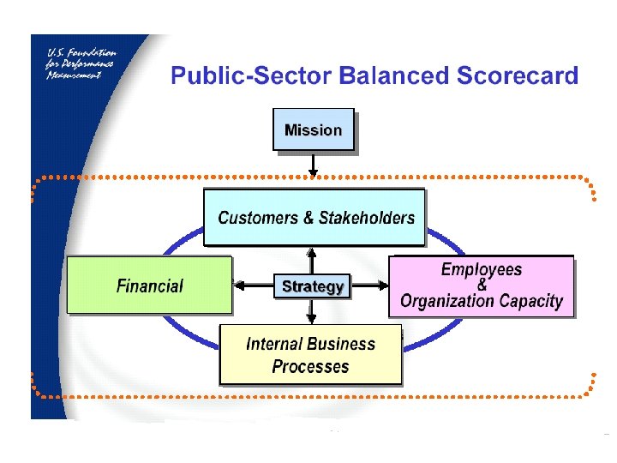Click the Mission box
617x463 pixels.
[x=313, y=129]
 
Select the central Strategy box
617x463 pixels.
[x=313, y=286]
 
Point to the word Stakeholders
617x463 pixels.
[x=366, y=218]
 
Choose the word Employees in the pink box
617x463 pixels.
[x=481, y=269]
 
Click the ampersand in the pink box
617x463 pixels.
[x=482, y=285]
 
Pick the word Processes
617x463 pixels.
[x=310, y=367]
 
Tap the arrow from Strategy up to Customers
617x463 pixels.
[x=312, y=260]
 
